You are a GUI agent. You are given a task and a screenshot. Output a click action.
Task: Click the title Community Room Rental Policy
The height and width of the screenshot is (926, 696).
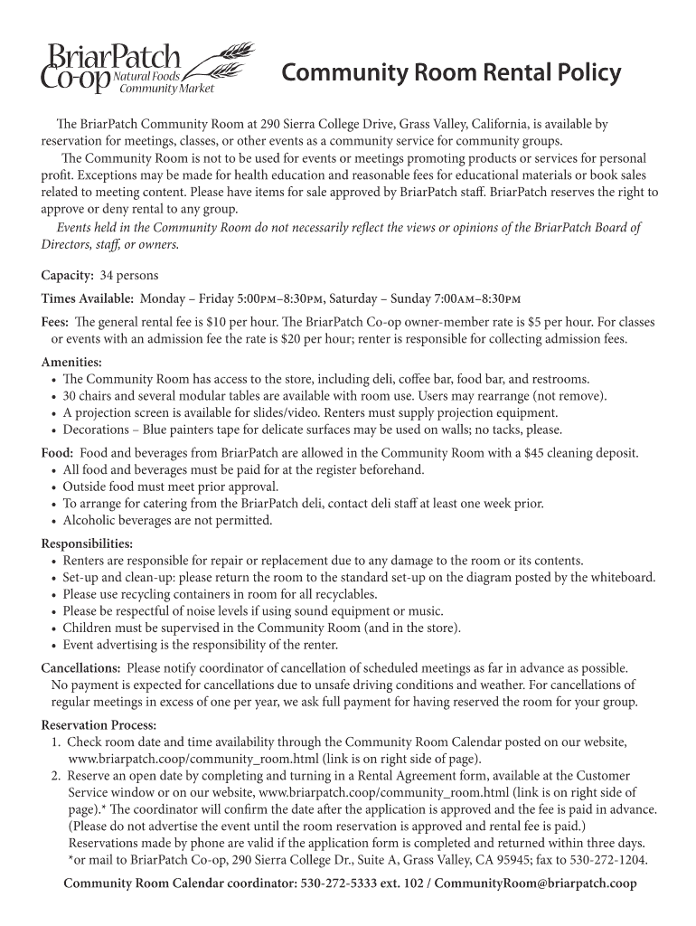click(451, 72)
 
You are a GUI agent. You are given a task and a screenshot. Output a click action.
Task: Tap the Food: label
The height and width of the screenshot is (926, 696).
click(57, 453)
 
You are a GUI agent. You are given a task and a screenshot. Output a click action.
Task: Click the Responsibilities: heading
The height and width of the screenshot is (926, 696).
click(88, 543)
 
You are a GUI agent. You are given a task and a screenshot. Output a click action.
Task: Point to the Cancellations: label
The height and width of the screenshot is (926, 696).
click(81, 668)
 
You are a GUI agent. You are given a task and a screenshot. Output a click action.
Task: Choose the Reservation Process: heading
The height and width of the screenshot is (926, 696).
click(99, 725)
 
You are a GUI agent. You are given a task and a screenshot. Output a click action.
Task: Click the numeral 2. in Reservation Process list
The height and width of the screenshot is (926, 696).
click(56, 776)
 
